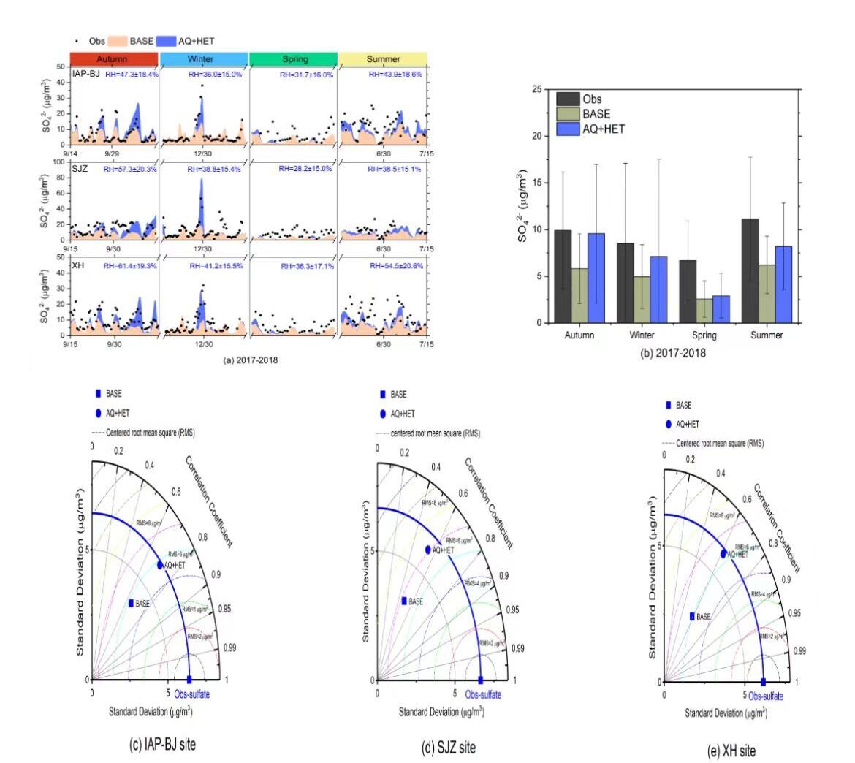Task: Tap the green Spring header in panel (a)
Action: coord(293,59)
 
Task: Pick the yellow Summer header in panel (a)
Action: coord(382,59)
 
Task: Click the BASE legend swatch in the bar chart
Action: coord(568,114)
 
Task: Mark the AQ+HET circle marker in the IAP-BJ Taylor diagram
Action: coord(160,564)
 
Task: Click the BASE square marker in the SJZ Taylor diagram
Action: coord(404,601)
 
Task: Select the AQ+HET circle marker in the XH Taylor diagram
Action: coord(723,553)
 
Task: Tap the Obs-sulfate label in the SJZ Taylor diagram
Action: coord(484,695)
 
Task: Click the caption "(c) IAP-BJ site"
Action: coord(162,745)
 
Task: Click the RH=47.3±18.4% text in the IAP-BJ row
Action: coord(132,75)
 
